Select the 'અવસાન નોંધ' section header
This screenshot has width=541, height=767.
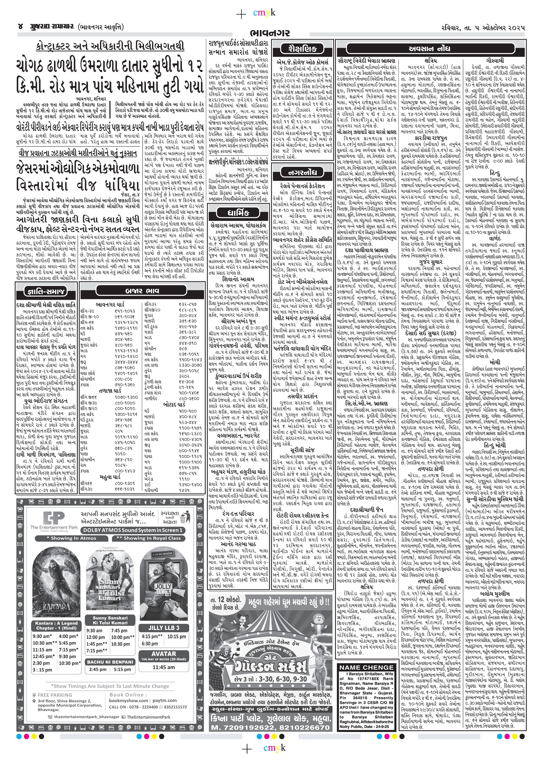click(x=431, y=48)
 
